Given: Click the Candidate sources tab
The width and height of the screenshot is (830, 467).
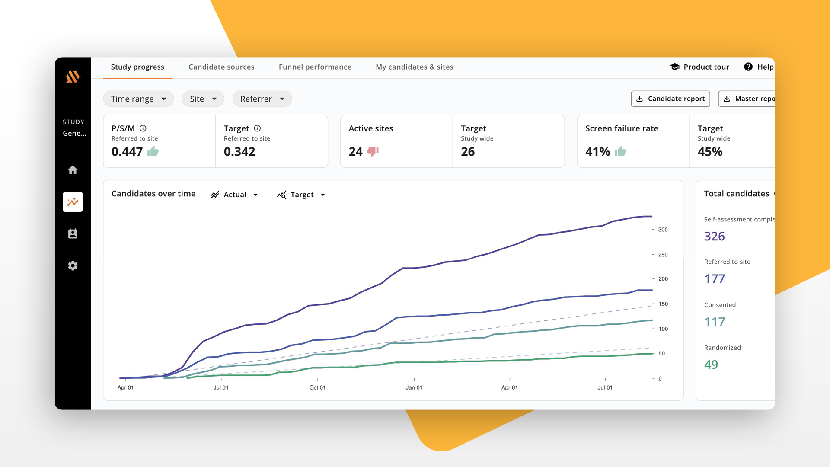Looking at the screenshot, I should point(221,67).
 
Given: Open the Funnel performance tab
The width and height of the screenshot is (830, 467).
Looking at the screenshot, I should point(315,67).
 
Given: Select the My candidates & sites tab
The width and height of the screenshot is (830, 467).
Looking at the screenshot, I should point(414,67).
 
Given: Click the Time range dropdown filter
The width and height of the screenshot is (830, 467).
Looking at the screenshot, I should point(138,99).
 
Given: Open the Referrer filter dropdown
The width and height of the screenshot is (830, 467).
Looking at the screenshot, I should point(262,99).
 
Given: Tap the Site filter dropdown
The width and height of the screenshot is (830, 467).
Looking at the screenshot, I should point(203,99).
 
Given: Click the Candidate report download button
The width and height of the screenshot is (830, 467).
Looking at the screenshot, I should point(670,99).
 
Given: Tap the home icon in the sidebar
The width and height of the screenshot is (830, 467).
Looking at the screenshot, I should point(73,170).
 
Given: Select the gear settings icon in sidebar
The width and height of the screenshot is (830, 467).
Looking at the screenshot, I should point(73,265).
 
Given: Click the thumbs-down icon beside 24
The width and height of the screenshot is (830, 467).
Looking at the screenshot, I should point(373,151).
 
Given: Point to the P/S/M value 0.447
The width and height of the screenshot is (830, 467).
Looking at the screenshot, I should point(127,152).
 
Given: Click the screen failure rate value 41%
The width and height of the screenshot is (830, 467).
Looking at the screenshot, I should point(597,152).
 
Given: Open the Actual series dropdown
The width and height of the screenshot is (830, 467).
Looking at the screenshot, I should point(234,195).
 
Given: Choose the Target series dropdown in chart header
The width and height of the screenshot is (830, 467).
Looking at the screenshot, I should point(301,195).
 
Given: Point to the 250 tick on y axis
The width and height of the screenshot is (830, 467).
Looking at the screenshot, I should point(663,255).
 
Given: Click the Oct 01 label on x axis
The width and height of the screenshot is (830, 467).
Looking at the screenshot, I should point(317,387).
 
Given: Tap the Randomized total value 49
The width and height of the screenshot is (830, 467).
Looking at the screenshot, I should point(711,365).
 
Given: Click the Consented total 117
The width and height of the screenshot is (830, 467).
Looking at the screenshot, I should point(715,322).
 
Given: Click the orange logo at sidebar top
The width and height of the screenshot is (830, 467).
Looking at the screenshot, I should point(73,77).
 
